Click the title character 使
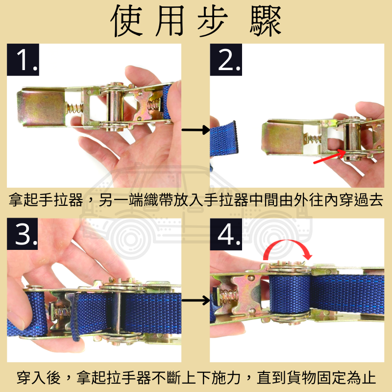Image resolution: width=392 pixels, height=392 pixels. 129,22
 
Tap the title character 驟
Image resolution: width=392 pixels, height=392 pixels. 265,22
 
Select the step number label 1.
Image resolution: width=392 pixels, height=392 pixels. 23,60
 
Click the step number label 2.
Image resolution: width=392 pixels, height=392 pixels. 226,60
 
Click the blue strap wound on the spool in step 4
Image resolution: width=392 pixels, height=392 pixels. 289,294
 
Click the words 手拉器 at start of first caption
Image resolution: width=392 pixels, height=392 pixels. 61,201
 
